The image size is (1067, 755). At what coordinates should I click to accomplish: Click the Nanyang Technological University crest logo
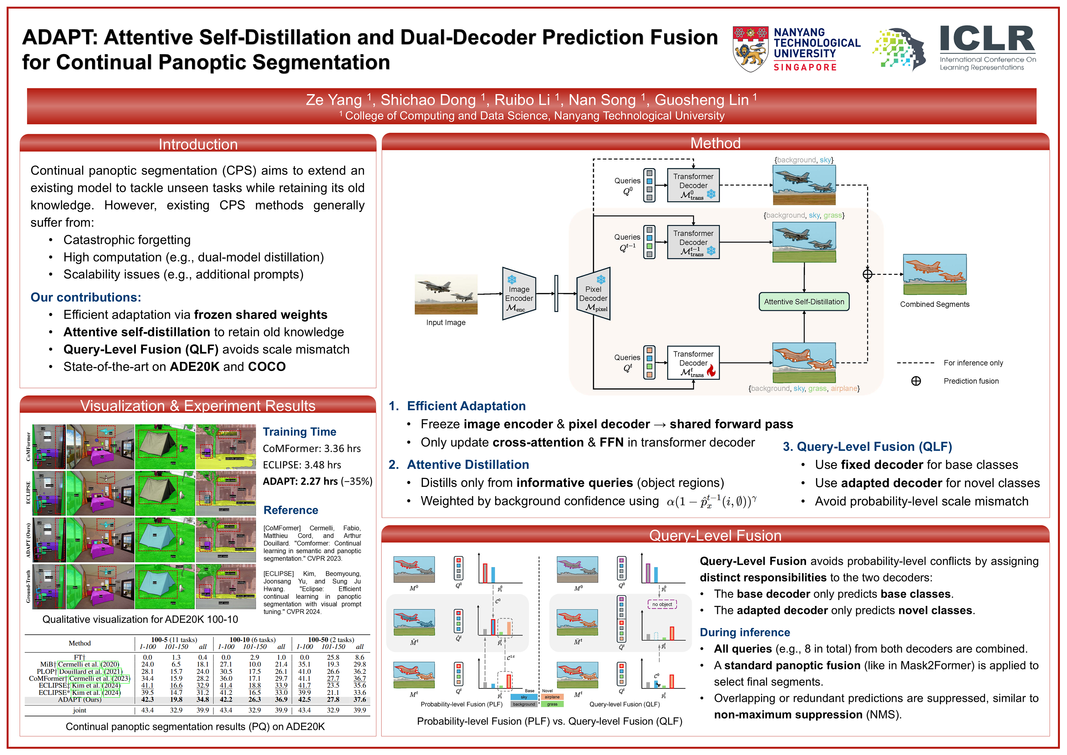click(x=750, y=49)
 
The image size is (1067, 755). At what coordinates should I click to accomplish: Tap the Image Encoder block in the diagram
click(x=519, y=294)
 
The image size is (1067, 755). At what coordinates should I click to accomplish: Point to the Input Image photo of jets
click(x=446, y=294)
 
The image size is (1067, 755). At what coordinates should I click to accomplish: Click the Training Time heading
click(x=299, y=432)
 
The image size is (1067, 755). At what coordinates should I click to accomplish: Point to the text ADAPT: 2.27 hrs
click(x=300, y=481)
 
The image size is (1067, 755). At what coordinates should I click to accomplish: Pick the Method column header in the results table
click(x=79, y=643)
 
